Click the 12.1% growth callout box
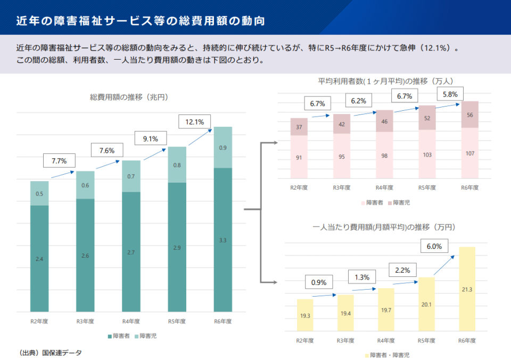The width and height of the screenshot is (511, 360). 195,122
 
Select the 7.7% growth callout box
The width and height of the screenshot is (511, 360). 59,160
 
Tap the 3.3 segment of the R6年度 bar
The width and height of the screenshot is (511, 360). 222,240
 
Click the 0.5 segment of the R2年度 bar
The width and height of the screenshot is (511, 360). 39,194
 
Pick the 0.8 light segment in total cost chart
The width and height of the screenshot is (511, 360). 177,165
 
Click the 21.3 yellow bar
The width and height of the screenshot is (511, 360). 467,289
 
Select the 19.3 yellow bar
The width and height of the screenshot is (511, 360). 305,316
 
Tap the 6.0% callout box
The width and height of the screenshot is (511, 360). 434,246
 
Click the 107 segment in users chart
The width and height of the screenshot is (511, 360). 469,153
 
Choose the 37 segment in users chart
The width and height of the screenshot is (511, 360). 299,127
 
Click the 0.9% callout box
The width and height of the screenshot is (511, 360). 319,282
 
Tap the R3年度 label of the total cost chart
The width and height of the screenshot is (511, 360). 85,321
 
